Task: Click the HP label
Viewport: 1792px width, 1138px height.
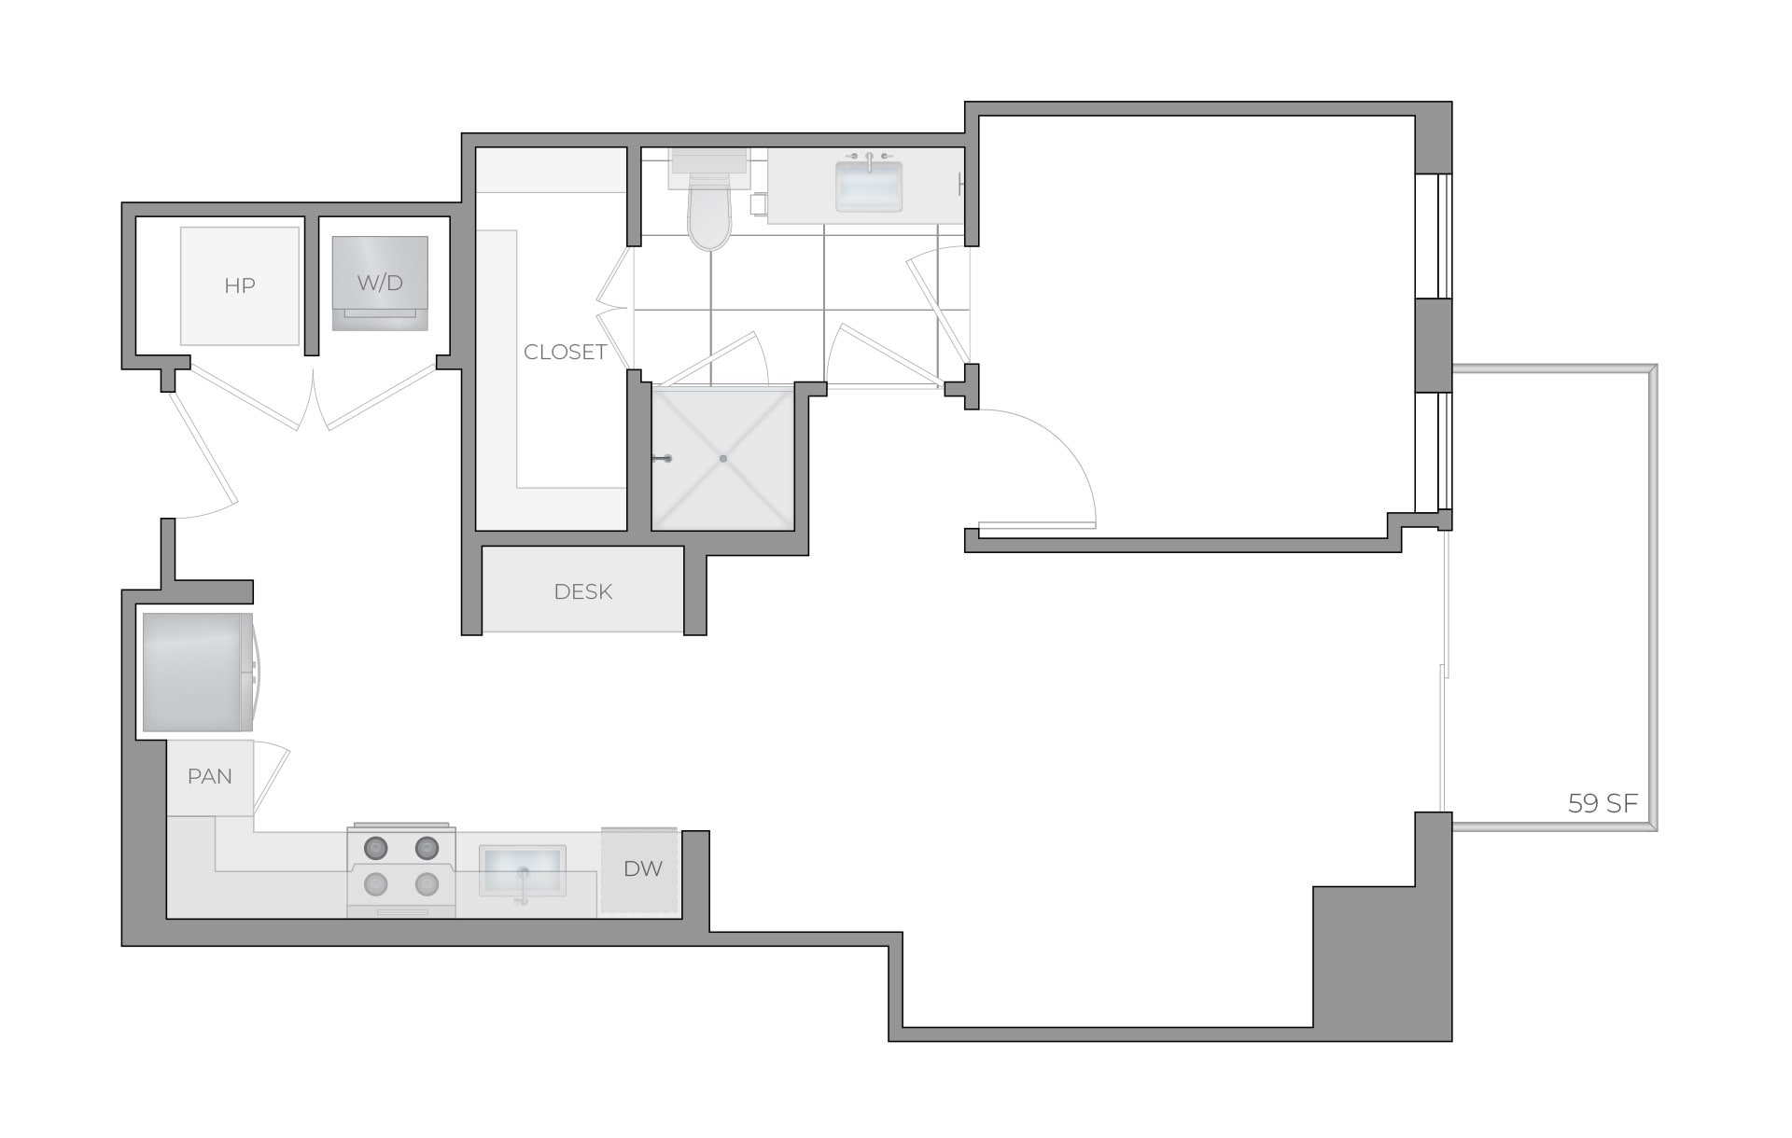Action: pos(240,286)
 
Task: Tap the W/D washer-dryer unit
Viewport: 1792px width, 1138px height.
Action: pos(380,283)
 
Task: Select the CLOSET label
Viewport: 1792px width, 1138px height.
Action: pos(565,352)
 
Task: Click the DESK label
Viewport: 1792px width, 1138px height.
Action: pos(582,591)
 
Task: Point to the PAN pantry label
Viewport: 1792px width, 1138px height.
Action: pos(209,776)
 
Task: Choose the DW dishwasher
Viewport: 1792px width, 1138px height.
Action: pos(642,869)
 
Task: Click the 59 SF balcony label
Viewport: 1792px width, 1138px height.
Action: pos(1603,803)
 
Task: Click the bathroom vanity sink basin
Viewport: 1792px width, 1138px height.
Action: pos(869,187)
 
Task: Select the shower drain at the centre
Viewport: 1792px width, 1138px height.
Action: pos(723,458)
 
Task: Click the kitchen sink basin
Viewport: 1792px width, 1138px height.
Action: pos(523,871)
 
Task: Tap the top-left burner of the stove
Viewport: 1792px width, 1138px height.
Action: pos(376,848)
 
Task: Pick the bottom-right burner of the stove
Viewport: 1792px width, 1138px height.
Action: pos(427,882)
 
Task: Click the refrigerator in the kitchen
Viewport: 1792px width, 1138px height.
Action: pos(197,672)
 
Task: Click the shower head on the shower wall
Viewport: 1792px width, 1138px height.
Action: pos(664,458)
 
